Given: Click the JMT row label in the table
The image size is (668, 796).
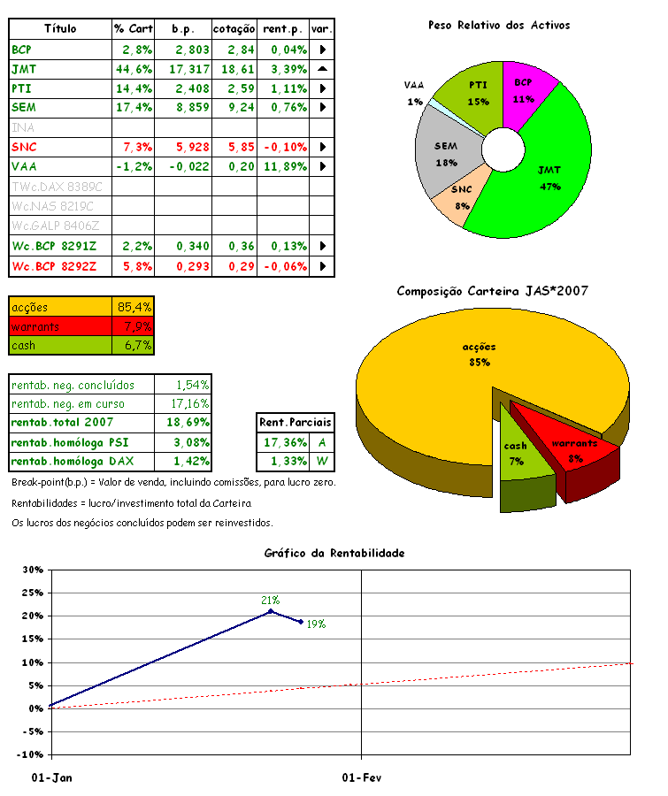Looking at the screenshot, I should [25, 68].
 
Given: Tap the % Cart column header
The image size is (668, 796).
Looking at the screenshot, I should [134, 29].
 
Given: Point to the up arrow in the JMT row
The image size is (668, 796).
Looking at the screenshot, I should [322, 68].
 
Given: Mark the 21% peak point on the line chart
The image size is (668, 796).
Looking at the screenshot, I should [271, 611].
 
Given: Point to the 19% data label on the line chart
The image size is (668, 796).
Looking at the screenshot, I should [316, 624].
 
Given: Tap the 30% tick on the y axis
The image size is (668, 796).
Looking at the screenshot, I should [32, 570].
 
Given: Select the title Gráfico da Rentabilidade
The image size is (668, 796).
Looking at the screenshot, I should [334, 553].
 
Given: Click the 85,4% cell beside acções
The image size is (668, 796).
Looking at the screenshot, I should [134, 307].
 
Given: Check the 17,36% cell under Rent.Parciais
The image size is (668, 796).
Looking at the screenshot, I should [285, 441].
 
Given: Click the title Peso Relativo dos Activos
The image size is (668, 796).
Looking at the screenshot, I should [499, 26].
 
